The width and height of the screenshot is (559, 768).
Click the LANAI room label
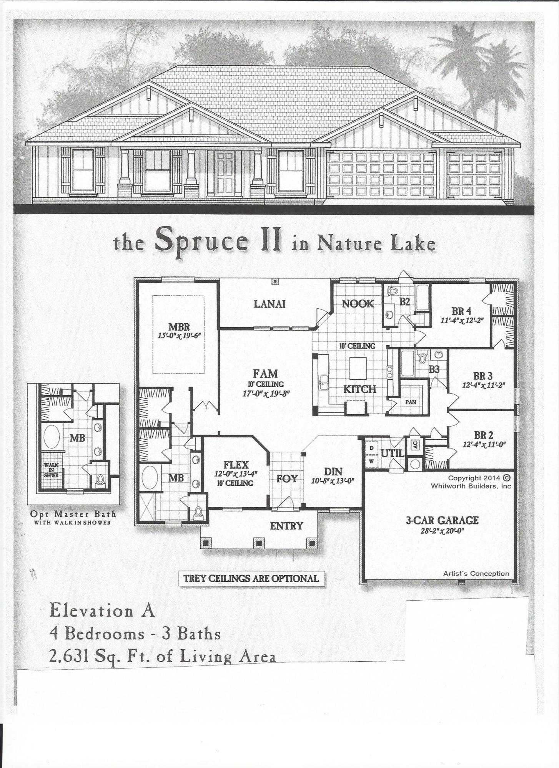click(269, 304)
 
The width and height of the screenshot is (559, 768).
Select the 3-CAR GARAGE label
click(442, 520)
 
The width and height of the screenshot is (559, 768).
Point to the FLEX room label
click(236, 465)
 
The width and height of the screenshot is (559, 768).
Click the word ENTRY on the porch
click(286, 526)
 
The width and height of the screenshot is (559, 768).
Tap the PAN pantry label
click(411, 402)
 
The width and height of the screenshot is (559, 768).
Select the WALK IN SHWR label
click(51, 469)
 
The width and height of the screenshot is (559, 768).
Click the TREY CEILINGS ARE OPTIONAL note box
click(251, 578)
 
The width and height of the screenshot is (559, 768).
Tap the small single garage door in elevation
click(474, 174)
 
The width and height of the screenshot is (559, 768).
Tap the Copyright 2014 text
click(474, 478)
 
